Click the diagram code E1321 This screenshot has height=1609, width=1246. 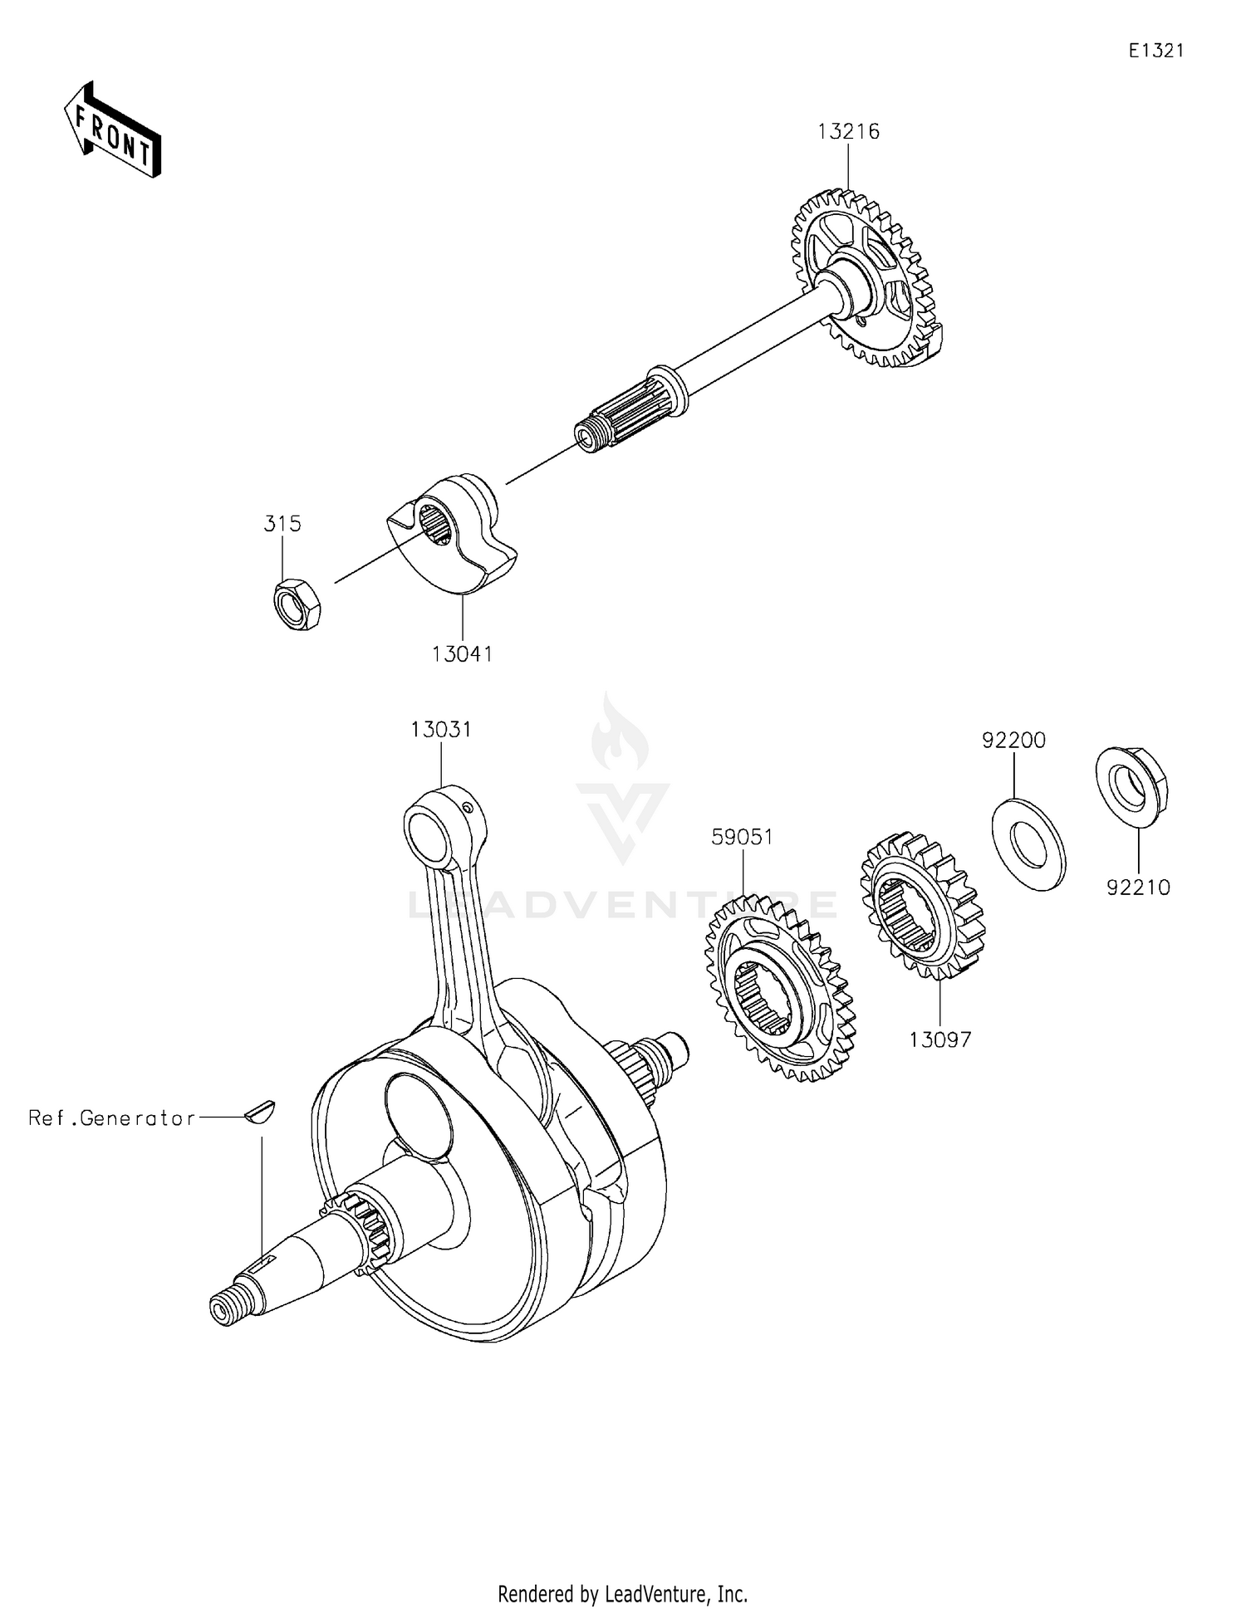click(x=1155, y=51)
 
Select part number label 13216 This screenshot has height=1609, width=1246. click(x=848, y=131)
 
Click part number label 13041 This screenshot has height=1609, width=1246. click(x=462, y=654)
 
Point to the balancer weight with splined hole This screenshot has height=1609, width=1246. click(x=453, y=536)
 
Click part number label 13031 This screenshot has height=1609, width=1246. click(x=441, y=729)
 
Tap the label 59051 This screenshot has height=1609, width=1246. click(x=742, y=837)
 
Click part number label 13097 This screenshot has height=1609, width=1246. click(x=939, y=1039)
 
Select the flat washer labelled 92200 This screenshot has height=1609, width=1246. click(x=1029, y=843)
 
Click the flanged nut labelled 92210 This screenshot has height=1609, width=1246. click(x=1131, y=781)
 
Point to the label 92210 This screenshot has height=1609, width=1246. click(x=1138, y=888)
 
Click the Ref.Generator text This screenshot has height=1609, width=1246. click(x=112, y=1118)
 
